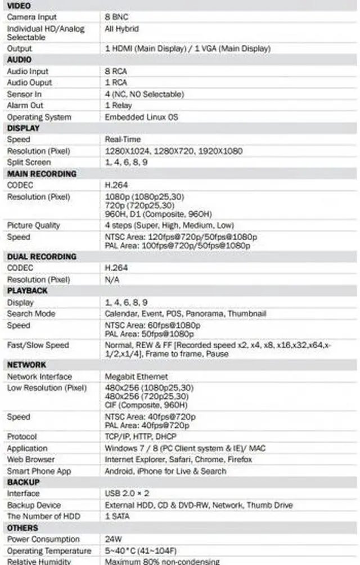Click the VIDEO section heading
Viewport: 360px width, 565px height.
coord(19,6)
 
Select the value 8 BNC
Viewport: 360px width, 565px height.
coord(116,17)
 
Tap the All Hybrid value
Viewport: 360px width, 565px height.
coord(121,29)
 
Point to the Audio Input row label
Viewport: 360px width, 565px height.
coord(28,71)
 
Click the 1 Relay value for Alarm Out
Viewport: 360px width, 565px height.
coord(118,105)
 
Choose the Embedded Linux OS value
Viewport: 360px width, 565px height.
coord(141,117)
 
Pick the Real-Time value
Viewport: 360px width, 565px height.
coord(123,139)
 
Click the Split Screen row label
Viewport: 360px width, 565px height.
coord(29,162)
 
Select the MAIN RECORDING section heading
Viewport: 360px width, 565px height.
coord(42,174)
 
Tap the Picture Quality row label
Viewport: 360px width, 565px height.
coord(33,225)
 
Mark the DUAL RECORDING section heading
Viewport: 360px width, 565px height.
coord(42,257)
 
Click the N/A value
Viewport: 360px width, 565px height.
coord(112,280)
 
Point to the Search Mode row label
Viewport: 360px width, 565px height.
coord(31,313)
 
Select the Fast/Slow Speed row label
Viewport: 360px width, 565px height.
coord(38,345)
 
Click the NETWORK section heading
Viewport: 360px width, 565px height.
coord(26,365)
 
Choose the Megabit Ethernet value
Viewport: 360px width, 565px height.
coord(136,376)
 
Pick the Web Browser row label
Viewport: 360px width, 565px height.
coord(31,460)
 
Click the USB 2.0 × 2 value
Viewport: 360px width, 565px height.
coord(127,494)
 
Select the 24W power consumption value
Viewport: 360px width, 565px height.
coord(113,539)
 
